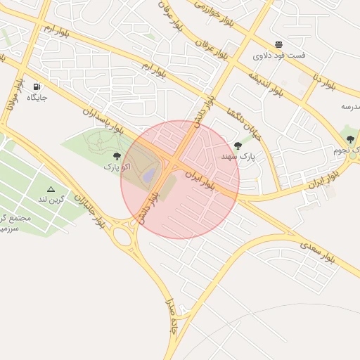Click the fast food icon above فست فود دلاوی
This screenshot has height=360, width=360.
coord(279,44)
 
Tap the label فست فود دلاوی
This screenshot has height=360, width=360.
coord(279,55)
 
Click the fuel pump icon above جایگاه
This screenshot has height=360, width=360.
coord(36,86)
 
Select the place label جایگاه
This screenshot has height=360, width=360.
coord(37,97)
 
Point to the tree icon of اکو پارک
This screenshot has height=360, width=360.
coord(117,156)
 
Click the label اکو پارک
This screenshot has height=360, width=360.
coord(117,167)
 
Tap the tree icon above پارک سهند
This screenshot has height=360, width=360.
coord(238,146)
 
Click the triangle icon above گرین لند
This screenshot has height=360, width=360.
coord(51,189)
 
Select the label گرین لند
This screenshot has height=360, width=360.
coord(51,200)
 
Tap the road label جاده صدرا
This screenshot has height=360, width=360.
coord(171,316)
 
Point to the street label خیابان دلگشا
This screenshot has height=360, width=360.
coord(245,124)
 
